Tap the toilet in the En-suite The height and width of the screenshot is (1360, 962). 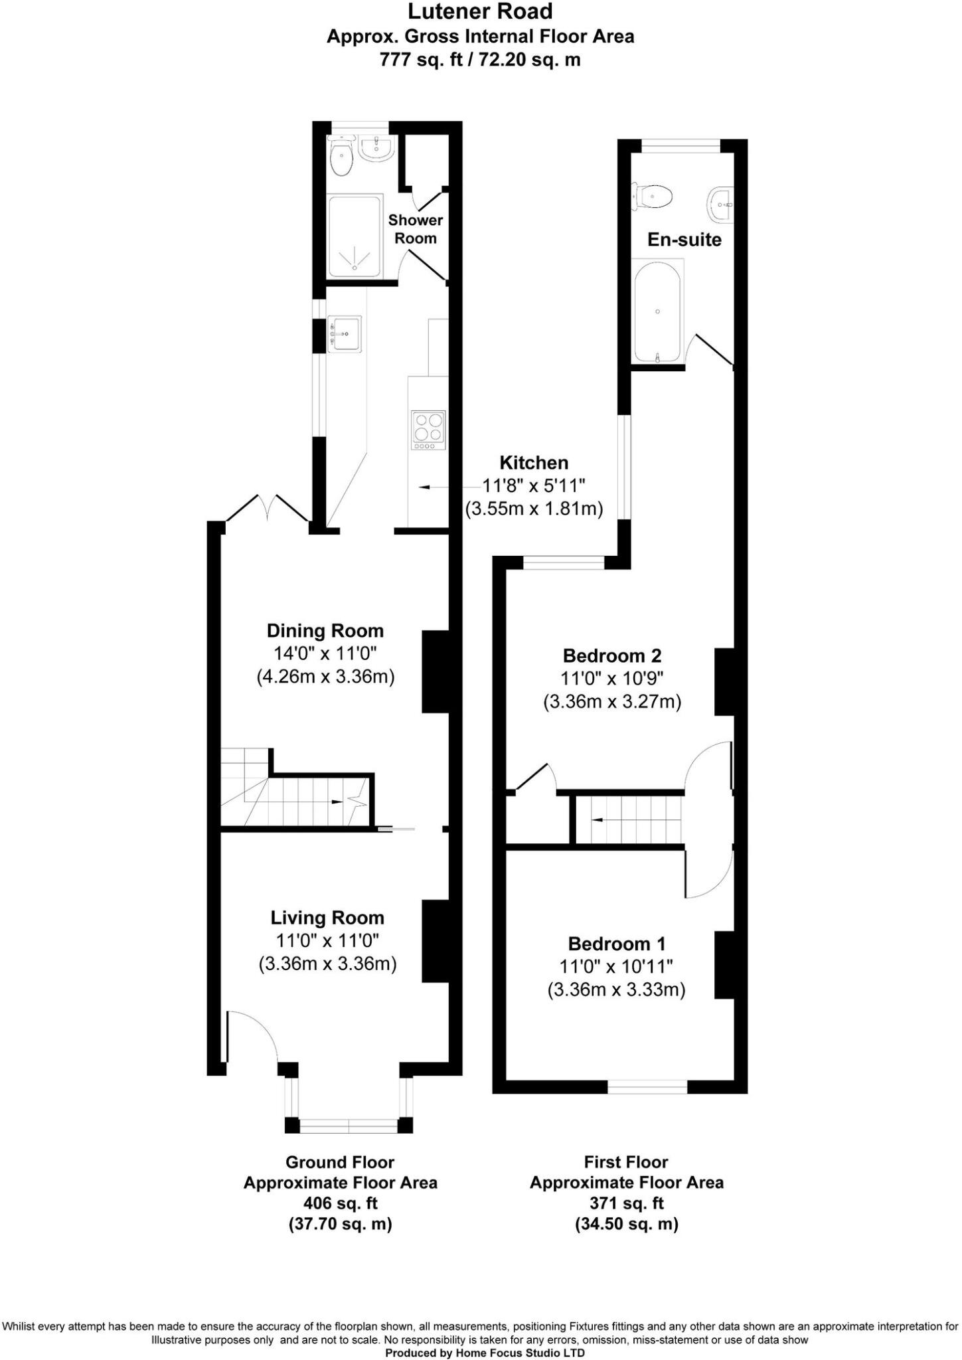click(x=655, y=197)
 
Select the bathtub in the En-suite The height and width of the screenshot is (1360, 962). click(x=657, y=311)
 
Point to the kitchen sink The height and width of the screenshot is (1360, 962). click(x=346, y=333)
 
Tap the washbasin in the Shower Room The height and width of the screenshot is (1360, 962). click(x=377, y=148)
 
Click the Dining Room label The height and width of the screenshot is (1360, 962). click(x=325, y=630)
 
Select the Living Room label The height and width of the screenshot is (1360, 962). click(x=327, y=918)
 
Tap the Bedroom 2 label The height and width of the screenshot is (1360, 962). click(x=612, y=656)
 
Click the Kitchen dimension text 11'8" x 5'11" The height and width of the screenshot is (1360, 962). click(x=533, y=486)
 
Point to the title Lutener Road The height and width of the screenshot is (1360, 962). click(x=480, y=11)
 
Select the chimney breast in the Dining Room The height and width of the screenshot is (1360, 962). click(x=436, y=671)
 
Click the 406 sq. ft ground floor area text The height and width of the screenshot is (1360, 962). click(x=340, y=1203)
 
